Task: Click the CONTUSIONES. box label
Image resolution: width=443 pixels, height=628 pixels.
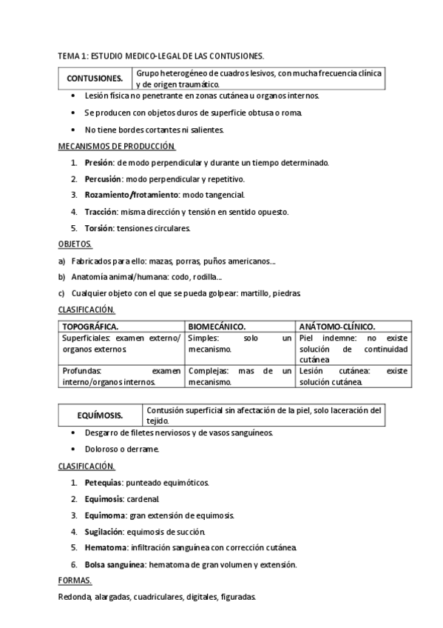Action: (95, 78)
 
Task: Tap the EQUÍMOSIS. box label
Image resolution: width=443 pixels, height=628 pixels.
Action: (101, 415)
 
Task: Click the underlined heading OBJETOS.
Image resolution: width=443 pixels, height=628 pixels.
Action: (75, 244)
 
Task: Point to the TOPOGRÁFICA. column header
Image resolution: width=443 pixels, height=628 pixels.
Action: (92, 326)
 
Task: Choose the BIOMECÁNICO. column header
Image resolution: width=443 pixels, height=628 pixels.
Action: (217, 326)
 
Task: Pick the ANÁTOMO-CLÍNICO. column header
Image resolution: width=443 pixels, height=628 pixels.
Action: (337, 326)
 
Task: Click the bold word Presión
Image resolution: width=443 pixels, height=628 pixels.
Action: (99, 163)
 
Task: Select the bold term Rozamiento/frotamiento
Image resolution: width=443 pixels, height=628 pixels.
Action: (124, 195)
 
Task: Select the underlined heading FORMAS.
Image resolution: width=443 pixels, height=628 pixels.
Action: (74, 581)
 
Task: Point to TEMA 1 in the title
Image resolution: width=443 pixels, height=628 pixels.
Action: (72, 56)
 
